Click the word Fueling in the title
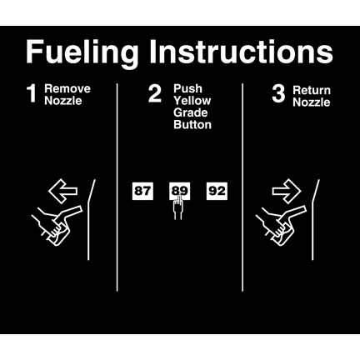(82, 53)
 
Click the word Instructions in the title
(241, 52)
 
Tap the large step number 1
(32, 94)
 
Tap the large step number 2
(154, 93)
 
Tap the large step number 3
(278, 93)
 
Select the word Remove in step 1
(67, 89)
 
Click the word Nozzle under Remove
(63, 101)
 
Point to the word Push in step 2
(187, 88)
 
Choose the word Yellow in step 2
(192, 101)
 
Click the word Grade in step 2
(191, 112)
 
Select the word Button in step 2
(192, 125)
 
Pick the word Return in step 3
(312, 90)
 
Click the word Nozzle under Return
(312, 102)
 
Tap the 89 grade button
(179, 191)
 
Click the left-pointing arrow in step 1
(62, 191)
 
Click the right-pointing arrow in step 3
(287, 191)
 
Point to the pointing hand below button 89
(178, 207)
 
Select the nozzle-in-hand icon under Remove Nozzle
(57, 225)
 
